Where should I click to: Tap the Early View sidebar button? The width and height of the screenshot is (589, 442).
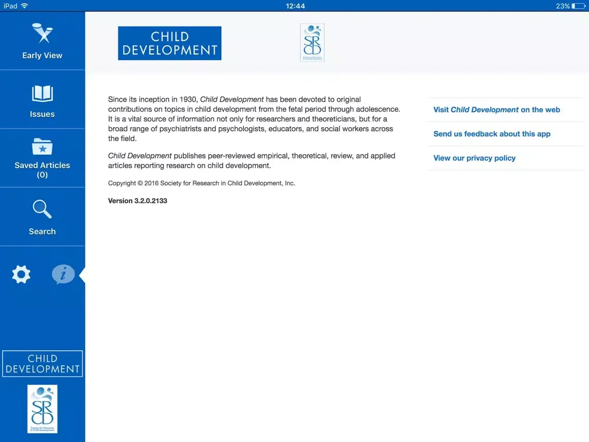click(x=42, y=41)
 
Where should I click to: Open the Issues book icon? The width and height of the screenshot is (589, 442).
click(x=42, y=94)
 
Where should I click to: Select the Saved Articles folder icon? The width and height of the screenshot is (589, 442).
click(x=42, y=147)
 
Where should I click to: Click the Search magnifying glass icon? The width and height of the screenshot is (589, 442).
click(x=42, y=209)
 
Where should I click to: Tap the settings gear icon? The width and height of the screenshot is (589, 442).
click(x=21, y=274)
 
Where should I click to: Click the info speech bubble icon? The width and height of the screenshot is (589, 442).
click(x=63, y=274)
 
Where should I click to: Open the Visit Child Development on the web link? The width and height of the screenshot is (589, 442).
click(x=496, y=110)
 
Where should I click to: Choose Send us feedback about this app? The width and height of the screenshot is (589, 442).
click(x=492, y=134)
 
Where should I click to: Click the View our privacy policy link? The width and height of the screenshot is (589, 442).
click(x=474, y=158)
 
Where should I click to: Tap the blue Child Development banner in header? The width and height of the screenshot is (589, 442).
click(x=170, y=43)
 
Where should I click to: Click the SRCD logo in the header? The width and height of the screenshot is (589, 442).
click(x=312, y=43)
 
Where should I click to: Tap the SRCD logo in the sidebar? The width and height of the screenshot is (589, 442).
click(x=42, y=409)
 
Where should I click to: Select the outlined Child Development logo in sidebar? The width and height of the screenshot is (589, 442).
click(x=43, y=364)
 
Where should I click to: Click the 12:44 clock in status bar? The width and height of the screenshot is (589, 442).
click(x=295, y=6)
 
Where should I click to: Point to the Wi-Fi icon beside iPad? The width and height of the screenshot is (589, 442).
click(x=24, y=6)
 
